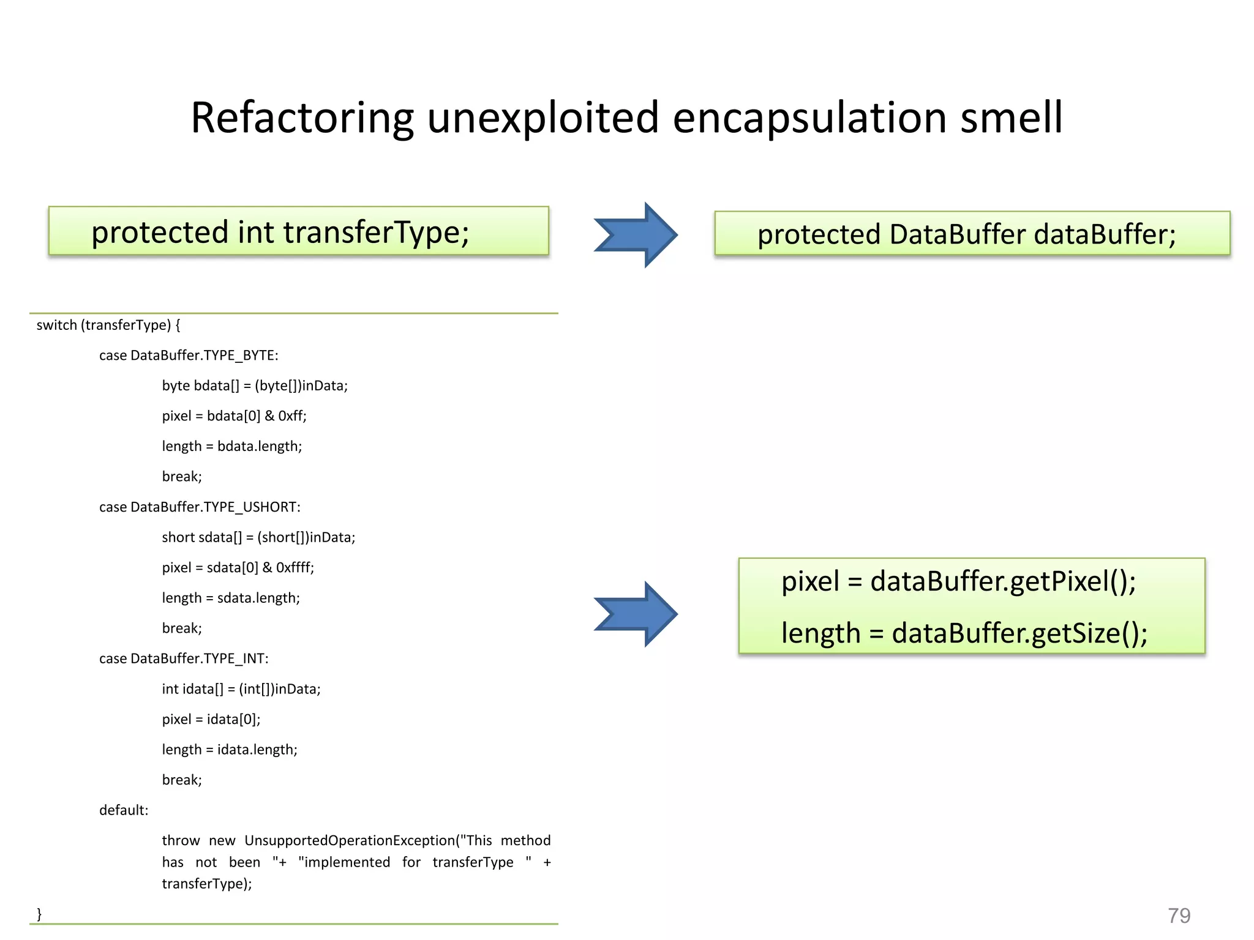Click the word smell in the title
tap(1011, 117)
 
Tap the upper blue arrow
tap(637, 234)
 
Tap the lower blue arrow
tap(637, 614)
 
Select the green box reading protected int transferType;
tap(299, 231)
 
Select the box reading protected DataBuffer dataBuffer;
tap(972, 234)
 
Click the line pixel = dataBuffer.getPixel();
tap(958, 581)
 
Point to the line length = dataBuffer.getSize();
tap(964, 633)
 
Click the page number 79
tap(1179, 916)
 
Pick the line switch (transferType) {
tap(108, 325)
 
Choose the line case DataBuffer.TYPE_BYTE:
tap(189, 356)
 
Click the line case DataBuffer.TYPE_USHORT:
tap(200, 507)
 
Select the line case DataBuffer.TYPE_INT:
tap(184, 658)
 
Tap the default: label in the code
tap(124, 810)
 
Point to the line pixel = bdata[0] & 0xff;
tap(234, 416)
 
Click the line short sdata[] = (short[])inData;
tap(258, 537)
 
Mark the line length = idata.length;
tap(230, 750)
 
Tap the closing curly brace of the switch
tap(39, 914)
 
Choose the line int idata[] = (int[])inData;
tap(241, 689)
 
